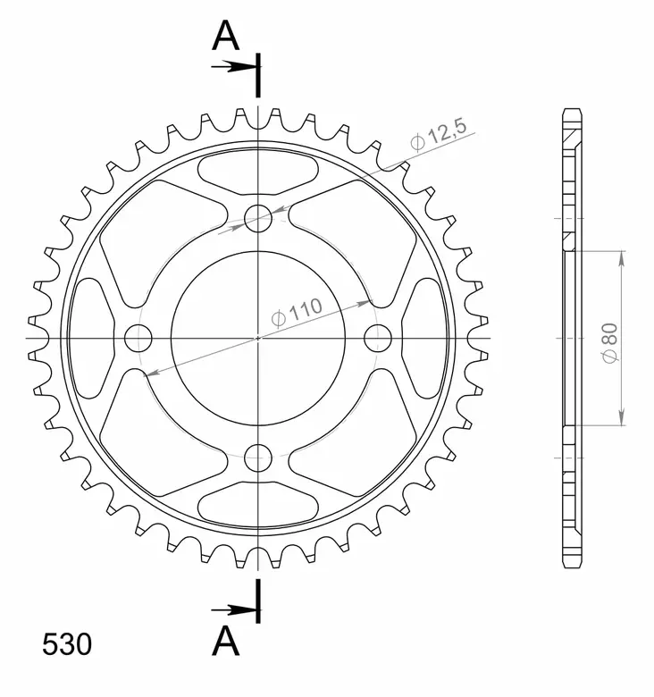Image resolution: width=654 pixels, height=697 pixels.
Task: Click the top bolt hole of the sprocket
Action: click(x=259, y=215)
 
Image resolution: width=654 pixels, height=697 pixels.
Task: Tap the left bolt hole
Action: click(x=138, y=337)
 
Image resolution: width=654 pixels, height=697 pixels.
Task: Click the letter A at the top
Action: click(x=226, y=37)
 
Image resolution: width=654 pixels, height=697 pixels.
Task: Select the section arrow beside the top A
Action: click(x=233, y=66)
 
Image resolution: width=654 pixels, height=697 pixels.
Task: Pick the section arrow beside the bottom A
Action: click(x=233, y=609)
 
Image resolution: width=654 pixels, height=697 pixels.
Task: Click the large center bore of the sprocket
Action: click(x=259, y=337)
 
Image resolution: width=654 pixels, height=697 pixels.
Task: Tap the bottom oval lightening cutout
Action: click(x=259, y=506)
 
